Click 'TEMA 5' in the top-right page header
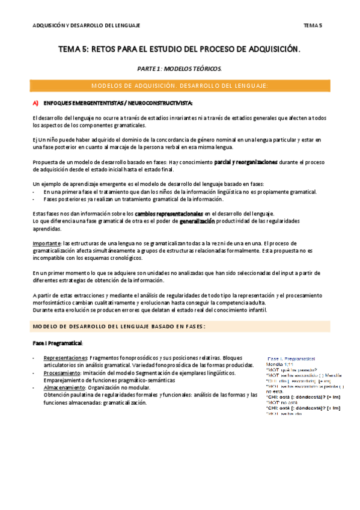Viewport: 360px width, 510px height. coord(313,25)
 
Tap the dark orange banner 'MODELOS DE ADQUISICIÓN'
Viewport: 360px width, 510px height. coord(181,86)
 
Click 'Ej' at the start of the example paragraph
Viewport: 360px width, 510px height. coord(35,140)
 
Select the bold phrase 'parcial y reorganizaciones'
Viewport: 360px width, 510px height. coord(245,162)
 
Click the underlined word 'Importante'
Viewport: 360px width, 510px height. coord(46,243)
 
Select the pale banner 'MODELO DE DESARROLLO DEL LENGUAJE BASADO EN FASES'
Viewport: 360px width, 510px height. coord(181,327)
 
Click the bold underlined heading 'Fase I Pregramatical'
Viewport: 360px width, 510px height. coord(58,343)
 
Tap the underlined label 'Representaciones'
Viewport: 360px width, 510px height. coord(65,358)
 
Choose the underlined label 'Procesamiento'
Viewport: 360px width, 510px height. coord(61,372)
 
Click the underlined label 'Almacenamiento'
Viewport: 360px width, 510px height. coord(64,387)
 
